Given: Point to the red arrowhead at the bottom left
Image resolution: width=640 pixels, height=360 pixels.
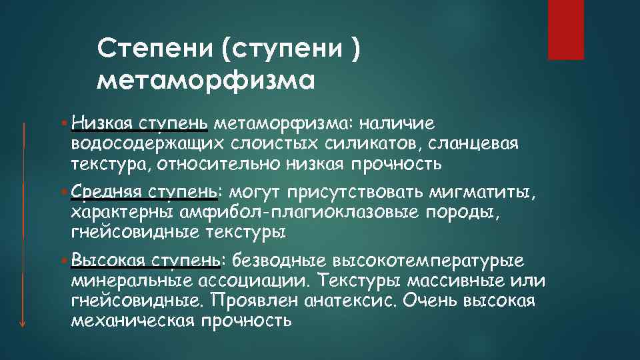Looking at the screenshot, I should (23, 322).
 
